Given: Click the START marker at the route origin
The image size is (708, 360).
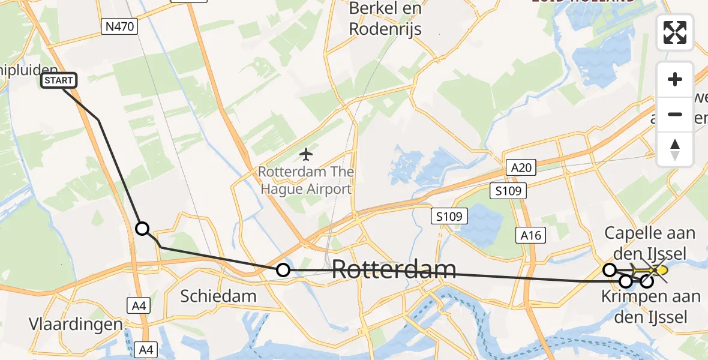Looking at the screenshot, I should click(59, 80).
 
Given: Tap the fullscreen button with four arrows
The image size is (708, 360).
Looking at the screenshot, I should click(675, 32).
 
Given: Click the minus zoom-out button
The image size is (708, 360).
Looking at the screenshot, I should click(675, 114).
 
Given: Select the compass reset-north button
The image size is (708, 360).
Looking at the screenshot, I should click(675, 149).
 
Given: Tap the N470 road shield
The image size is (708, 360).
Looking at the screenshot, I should click(120, 26).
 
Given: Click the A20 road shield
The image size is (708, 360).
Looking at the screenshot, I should click(521, 168).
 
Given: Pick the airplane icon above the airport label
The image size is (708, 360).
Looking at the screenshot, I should click(306, 154).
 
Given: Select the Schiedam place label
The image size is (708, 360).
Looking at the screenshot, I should click(218, 295).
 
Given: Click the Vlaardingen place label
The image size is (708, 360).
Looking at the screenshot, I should click(76, 324).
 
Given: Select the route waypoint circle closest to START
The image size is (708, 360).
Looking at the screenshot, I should click(142, 229).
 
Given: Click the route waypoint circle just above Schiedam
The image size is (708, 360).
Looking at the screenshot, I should click(283, 271).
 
